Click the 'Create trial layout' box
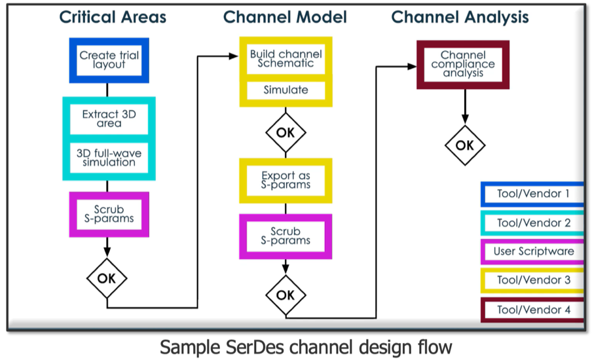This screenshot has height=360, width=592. point(109,60)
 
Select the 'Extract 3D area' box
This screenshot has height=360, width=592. point(109,119)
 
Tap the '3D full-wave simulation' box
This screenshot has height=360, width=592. point(109,158)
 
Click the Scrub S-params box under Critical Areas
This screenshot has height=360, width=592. point(109,214)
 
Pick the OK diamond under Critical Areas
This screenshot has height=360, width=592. point(107,278)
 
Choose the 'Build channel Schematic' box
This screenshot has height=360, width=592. point(286,59)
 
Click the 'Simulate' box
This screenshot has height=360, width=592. point(286,90)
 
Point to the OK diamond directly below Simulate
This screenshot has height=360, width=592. point(286,132)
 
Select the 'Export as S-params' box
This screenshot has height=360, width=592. point(286,181)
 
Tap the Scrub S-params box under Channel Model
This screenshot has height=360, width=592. point(286,236)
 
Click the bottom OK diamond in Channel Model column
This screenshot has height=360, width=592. point(286,295)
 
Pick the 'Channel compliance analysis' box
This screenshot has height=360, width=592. point(463,65)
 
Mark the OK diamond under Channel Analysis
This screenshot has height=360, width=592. point(465,145)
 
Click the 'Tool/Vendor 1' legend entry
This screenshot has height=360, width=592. point(532,194)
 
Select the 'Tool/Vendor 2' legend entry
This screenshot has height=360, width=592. point(532,223)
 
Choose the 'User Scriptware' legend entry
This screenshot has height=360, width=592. point(532,251)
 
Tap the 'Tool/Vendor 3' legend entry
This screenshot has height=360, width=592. point(532,280)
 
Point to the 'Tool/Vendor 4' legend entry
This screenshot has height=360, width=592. point(532,310)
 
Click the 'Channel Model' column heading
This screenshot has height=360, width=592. point(285,17)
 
